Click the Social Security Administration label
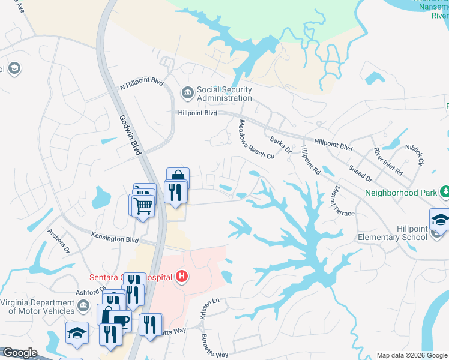224,94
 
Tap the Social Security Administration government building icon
187,92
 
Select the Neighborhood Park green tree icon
445,192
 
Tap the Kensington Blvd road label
115,238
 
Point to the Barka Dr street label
280,145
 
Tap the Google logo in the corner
19,353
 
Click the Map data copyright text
412,355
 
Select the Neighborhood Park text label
400,193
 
